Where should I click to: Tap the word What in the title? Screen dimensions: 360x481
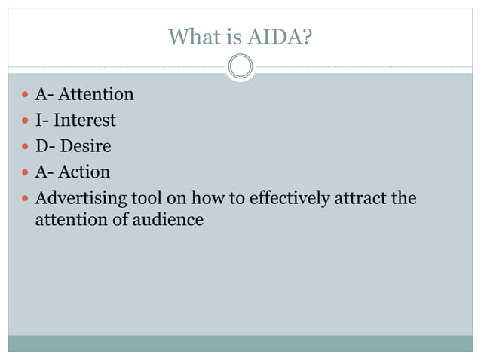pyautogui.click(x=190, y=36)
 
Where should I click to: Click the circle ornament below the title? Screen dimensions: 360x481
pyautogui.click(x=240, y=67)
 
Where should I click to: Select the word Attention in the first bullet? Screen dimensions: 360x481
pyautogui.click(x=96, y=94)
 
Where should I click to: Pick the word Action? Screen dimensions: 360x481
pyautogui.click(x=84, y=172)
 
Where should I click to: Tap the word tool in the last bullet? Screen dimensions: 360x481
pyautogui.click(x=144, y=199)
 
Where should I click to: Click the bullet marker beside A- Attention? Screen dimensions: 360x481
pyautogui.click(x=26, y=95)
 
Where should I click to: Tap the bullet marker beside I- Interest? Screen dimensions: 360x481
pyautogui.click(x=26, y=121)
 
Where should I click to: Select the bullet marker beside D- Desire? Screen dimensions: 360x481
pyautogui.click(x=26, y=147)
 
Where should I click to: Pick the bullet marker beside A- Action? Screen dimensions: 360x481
pyautogui.click(x=26, y=173)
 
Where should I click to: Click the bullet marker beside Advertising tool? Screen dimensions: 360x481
pyautogui.click(x=26, y=200)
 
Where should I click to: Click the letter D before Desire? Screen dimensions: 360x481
pyautogui.click(x=42, y=146)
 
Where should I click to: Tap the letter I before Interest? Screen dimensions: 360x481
pyautogui.click(x=39, y=120)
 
